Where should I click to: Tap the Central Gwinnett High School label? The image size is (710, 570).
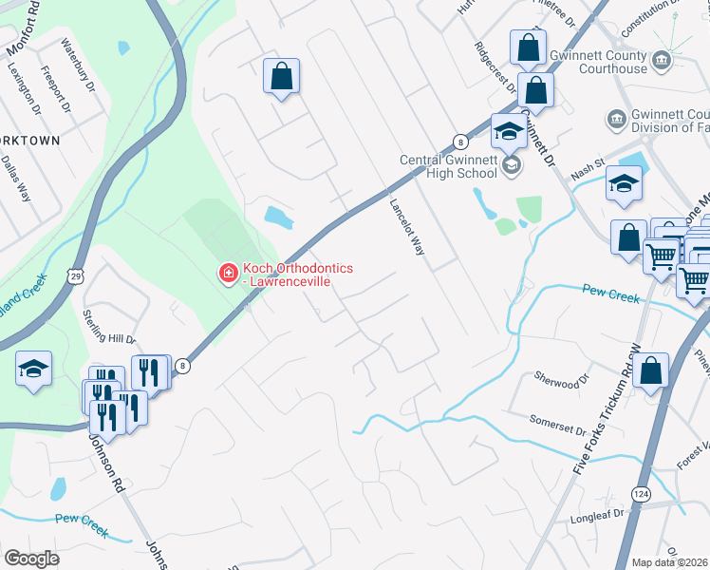(x=448, y=166)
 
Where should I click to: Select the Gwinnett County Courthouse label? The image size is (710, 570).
(x=600, y=62)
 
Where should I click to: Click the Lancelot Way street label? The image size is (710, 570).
(x=406, y=226)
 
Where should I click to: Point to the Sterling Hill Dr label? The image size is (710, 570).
(x=110, y=325)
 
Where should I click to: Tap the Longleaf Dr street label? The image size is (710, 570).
(x=600, y=518)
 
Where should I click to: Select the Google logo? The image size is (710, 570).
(x=31, y=558)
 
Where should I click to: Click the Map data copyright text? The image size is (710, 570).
(x=670, y=562)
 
